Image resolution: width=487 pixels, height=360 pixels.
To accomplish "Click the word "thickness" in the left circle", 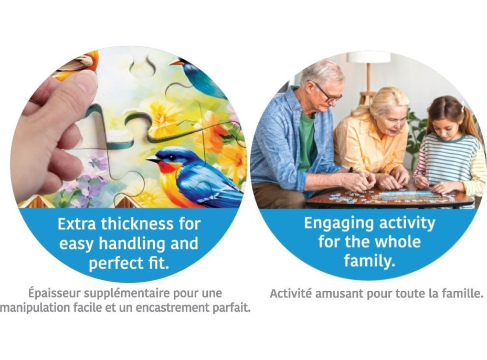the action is tap(137, 224).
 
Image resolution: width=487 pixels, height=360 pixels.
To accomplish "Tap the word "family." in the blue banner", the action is tap(369, 261).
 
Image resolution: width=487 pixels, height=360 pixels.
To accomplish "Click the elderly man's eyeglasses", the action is tap(327, 93).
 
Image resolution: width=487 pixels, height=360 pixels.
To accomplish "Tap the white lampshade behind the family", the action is tap(368, 57).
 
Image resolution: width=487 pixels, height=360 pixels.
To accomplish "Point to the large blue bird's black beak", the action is tap(153, 160).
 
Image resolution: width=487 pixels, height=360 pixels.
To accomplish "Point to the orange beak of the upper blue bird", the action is tap(176, 63).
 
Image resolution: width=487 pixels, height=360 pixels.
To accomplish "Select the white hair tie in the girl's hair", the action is tap(462, 104).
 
